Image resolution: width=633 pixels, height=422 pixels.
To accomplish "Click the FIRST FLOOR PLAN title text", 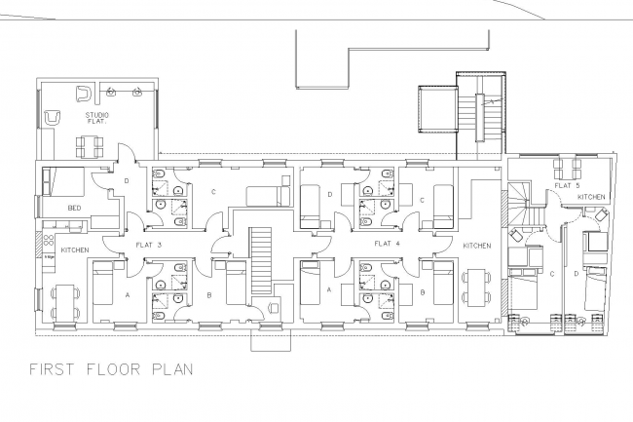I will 111,369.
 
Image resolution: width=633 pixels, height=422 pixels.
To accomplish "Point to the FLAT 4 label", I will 388,244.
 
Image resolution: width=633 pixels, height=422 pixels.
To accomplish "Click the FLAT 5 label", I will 568,184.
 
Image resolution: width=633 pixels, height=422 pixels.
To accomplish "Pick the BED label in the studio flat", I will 73,209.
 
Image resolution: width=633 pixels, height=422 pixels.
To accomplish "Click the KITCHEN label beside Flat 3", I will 75,250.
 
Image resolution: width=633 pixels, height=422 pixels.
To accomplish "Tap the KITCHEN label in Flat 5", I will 591,197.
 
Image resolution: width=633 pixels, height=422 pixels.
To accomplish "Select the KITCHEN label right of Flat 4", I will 476,244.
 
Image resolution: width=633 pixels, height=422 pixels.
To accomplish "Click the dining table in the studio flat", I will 90,147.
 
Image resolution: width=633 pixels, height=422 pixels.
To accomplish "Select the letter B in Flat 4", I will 422,289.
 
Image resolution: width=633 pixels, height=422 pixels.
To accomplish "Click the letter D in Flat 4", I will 331,194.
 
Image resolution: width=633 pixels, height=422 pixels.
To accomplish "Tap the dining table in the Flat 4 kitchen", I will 475,287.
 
